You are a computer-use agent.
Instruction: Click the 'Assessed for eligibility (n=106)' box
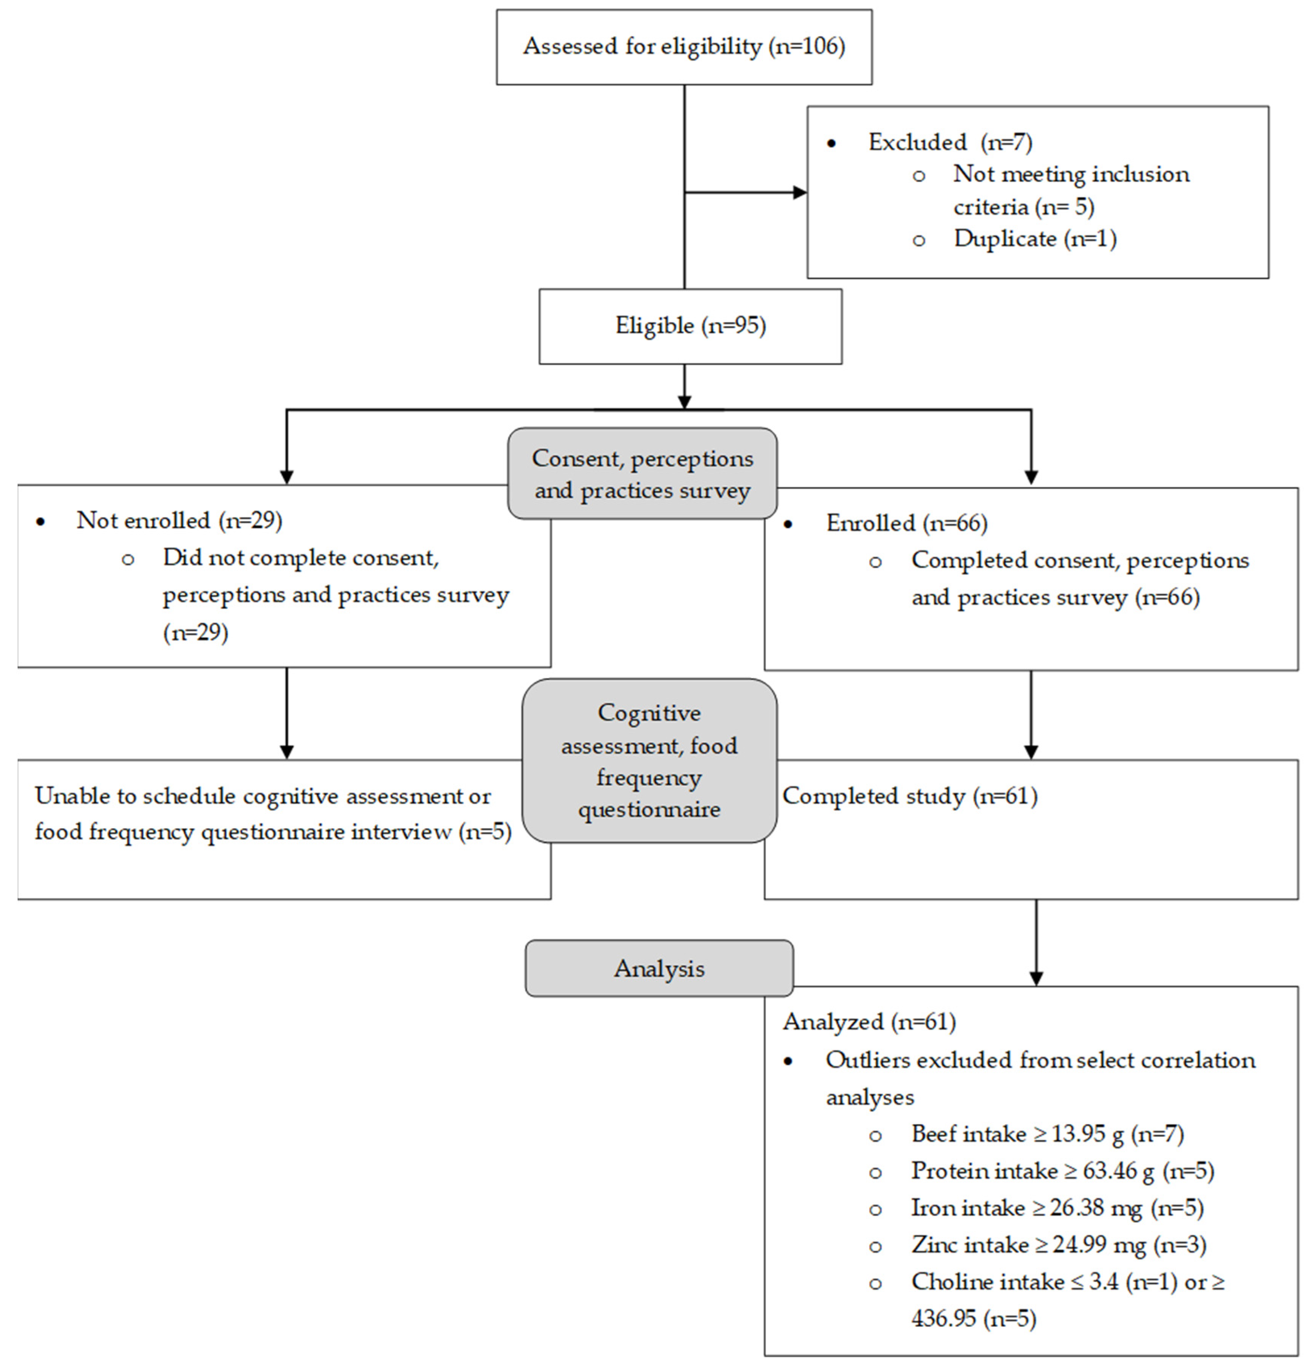(683, 47)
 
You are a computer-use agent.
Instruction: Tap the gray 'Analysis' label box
(659, 968)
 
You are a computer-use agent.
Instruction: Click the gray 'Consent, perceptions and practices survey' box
(642, 474)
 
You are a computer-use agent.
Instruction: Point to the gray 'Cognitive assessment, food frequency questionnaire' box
(649, 761)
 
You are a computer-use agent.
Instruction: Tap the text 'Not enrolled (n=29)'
(179, 520)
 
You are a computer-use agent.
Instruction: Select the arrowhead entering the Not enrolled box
(286, 477)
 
